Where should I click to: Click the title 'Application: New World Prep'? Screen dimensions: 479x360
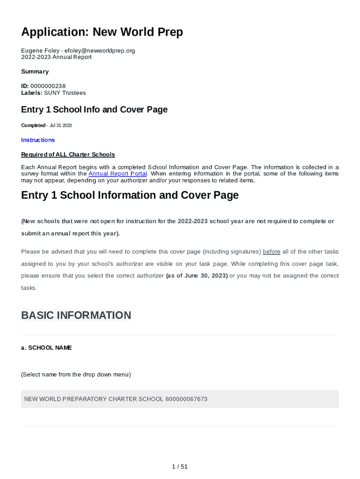click(102, 32)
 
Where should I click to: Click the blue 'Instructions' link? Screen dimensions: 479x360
click(38, 140)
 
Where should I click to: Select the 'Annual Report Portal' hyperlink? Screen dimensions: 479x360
click(118, 174)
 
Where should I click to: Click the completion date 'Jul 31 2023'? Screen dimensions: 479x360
click(60, 125)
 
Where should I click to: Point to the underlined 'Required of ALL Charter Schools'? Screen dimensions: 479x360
click(68, 154)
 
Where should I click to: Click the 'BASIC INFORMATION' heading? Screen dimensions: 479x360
click(76, 315)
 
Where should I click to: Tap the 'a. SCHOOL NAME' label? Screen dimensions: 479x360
click(46, 348)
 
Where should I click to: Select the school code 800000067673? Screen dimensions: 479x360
click(186, 399)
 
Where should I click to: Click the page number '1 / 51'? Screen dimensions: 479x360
click(180, 466)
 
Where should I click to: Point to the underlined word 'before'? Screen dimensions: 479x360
click(272, 252)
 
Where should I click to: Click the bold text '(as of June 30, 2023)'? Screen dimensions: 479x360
click(197, 276)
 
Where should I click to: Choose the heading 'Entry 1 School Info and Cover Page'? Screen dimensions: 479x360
click(94, 110)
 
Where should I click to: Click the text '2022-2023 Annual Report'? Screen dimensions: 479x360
click(57, 57)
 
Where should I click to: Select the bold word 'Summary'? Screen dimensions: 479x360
click(35, 72)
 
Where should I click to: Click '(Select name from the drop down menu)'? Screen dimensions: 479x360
click(76, 375)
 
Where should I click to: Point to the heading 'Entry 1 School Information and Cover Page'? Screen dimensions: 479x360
click(130, 195)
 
